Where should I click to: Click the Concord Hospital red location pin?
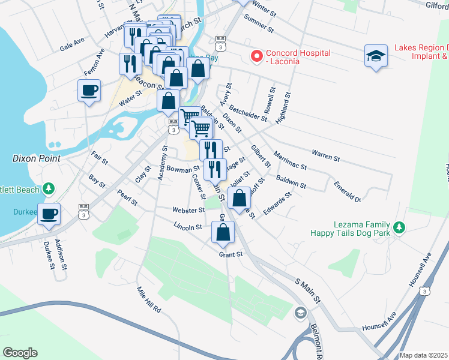(x=257, y=57)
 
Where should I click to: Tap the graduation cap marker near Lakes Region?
(x=376, y=56)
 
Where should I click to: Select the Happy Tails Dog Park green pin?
(x=399, y=227)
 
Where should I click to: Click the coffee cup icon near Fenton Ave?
(x=89, y=91)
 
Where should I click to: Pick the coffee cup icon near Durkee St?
(x=49, y=213)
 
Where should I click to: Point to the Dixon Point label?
(x=37, y=158)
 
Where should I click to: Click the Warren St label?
(x=325, y=156)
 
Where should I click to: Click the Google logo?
(x=20, y=353)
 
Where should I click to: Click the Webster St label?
(x=188, y=211)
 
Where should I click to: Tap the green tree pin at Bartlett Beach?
(x=49, y=189)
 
